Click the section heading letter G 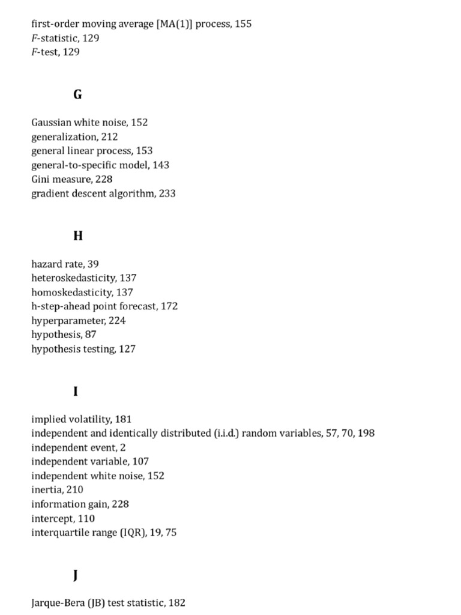[x=77, y=95]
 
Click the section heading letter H [x=77, y=236]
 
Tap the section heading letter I [x=76, y=392]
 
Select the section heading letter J [x=76, y=576]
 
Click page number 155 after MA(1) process [x=244, y=24]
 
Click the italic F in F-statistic [x=34, y=38]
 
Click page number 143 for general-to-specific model [x=161, y=165]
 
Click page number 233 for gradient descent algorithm [x=167, y=194]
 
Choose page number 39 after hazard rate [x=93, y=264]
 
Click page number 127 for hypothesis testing [x=127, y=349]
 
